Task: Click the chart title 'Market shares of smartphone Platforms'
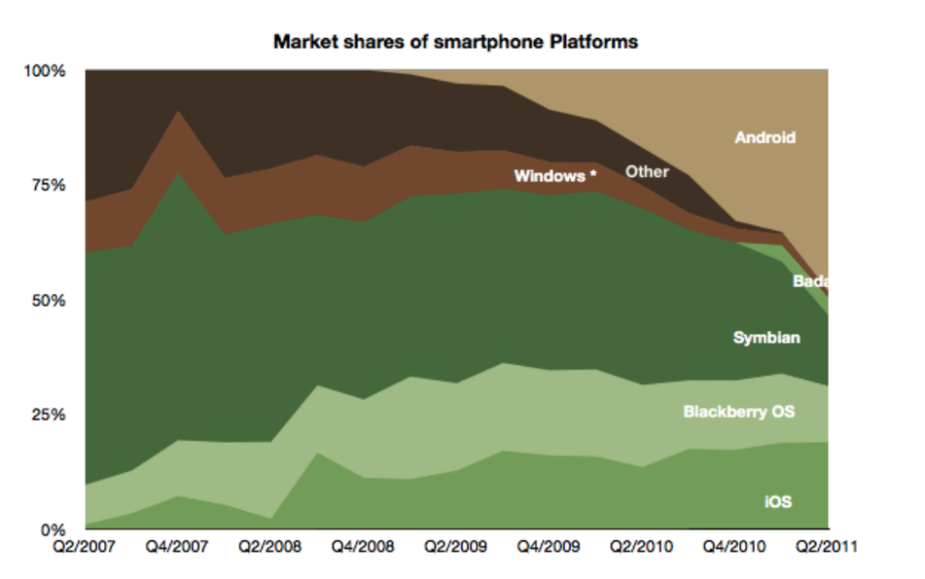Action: (x=455, y=42)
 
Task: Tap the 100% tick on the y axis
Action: (x=44, y=72)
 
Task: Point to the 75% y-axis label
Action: (x=48, y=185)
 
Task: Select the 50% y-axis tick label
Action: (x=48, y=300)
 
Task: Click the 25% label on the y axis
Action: (x=48, y=415)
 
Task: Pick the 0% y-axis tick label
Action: (x=54, y=529)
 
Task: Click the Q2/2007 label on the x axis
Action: (x=84, y=546)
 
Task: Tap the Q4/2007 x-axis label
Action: (x=177, y=546)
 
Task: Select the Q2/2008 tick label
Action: (x=269, y=546)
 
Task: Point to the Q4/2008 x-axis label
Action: (x=363, y=546)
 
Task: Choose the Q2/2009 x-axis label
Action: (x=455, y=546)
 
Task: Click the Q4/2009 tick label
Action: (x=549, y=546)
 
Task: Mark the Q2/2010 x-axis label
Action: (x=641, y=546)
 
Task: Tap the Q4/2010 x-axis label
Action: (x=734, y=546)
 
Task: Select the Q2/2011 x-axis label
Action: (x=826, y=546)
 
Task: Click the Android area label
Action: (x=765, y=138)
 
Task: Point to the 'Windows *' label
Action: (x=555, y=176)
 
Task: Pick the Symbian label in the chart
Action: (x=766, y=338)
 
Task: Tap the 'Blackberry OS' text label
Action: (x=738, y=411)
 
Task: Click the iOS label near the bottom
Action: (x=778, y=502)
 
